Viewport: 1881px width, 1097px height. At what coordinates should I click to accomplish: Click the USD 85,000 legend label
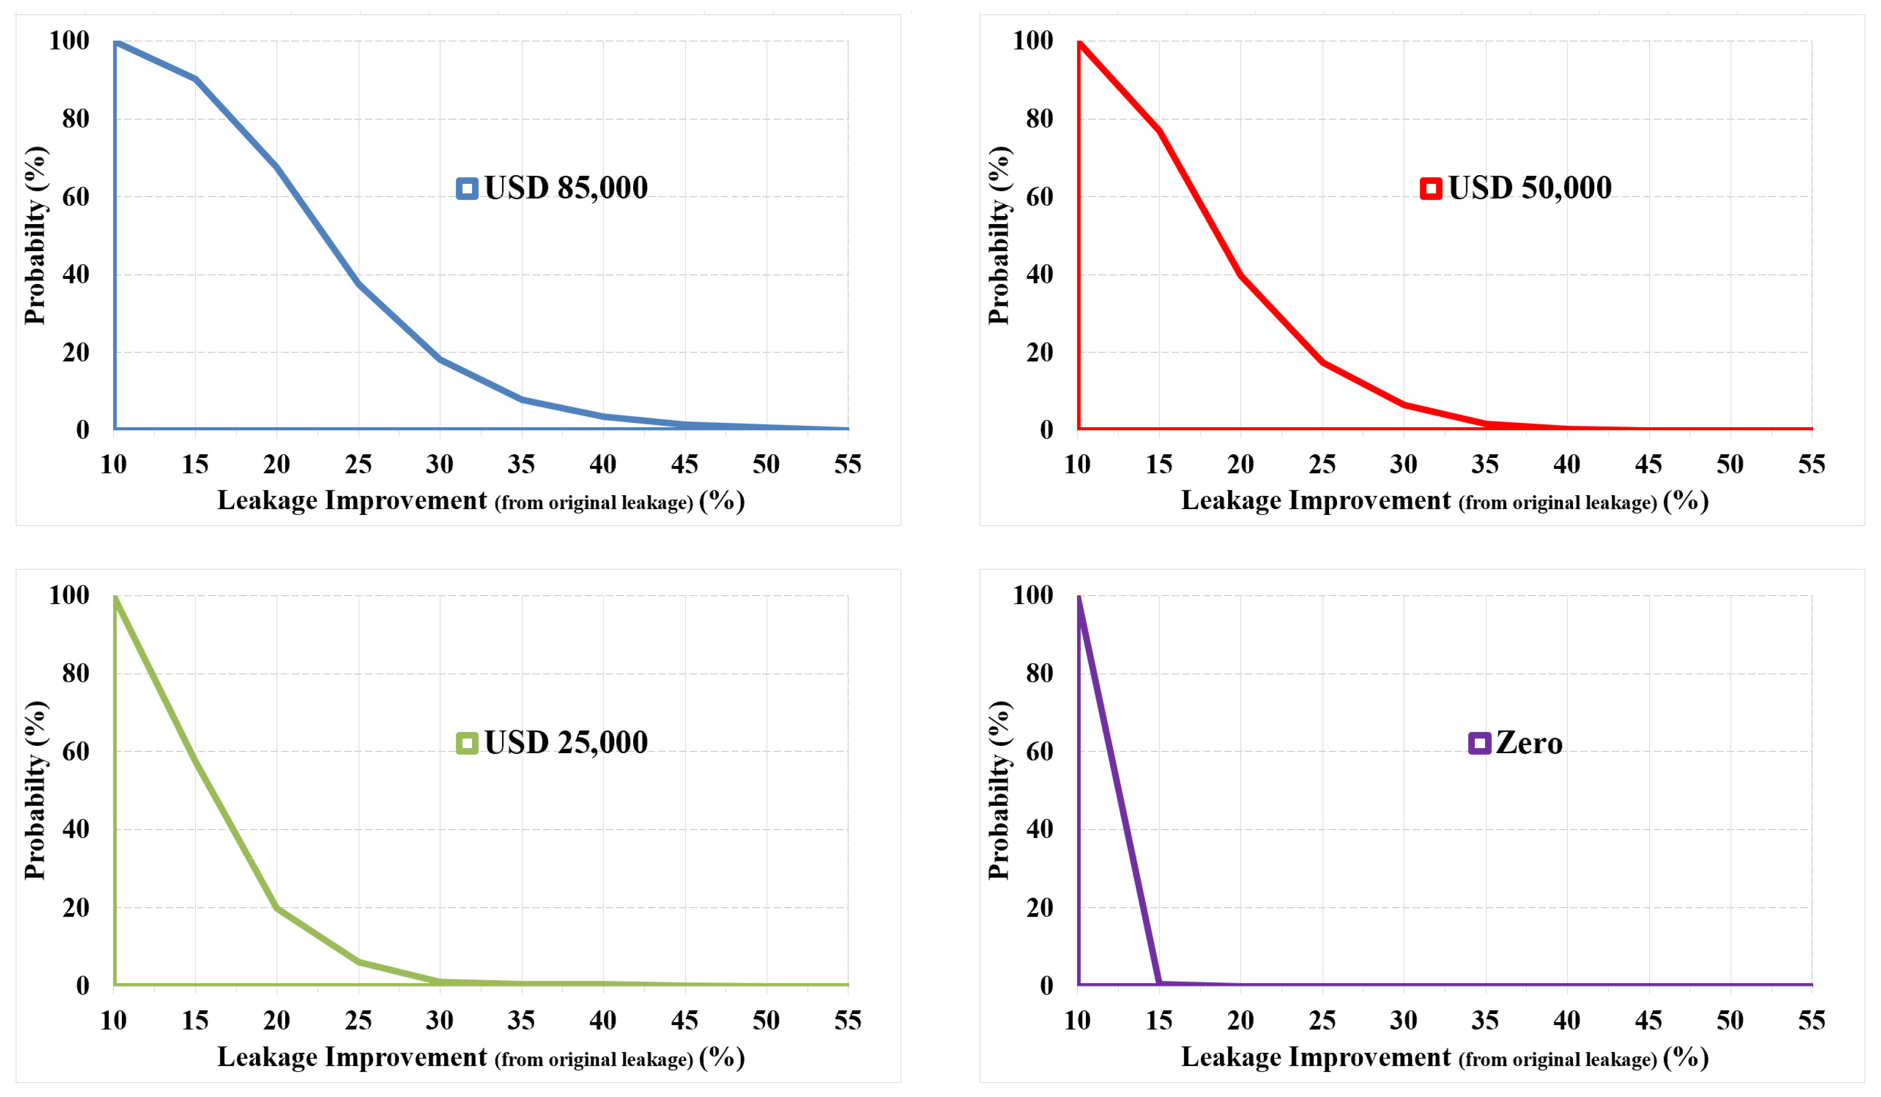[566, 188]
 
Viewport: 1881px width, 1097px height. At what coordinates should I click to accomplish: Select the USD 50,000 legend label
[1529, 188]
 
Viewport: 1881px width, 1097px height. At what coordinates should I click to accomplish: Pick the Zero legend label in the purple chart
[1529, 743]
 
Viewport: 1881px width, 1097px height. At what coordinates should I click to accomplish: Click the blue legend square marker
[467, 189]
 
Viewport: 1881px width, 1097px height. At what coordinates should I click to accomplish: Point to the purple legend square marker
[1479, 743]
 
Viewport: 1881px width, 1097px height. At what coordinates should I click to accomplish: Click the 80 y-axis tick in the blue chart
[75, 119]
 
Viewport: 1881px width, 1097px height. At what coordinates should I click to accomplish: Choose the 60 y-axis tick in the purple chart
[1039, 752]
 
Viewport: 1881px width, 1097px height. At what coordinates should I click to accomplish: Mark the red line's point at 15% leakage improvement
[1159, 131]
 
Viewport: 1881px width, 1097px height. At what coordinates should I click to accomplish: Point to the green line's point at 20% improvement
[277, 908]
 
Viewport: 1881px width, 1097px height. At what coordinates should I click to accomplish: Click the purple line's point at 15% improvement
[1159, 983]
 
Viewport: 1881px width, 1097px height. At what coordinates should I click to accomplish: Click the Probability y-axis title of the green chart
[35, 790]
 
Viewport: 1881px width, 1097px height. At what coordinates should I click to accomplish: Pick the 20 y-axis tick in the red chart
[1039, 352]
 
